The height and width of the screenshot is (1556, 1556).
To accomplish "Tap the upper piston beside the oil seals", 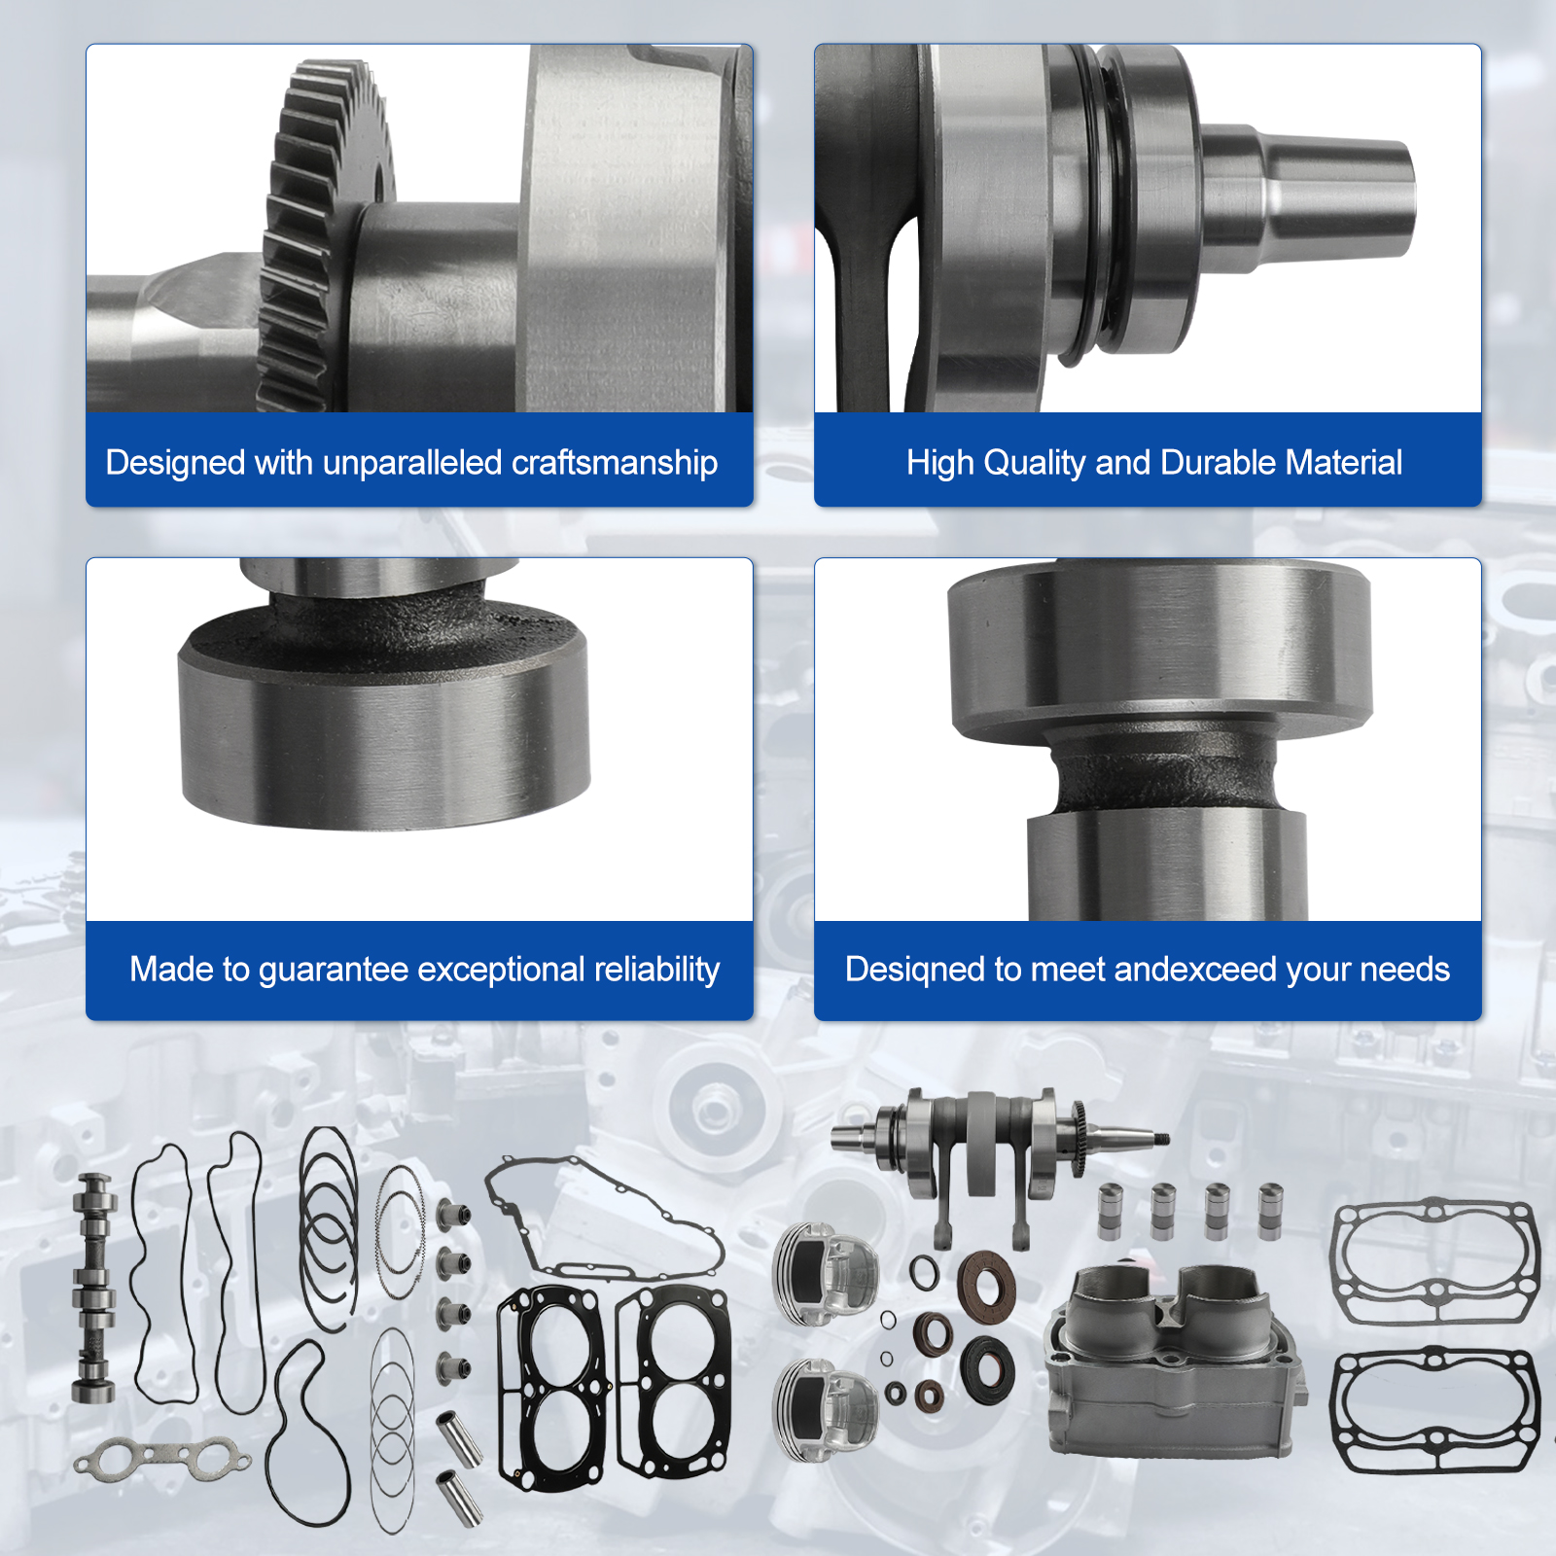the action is [826, 1274].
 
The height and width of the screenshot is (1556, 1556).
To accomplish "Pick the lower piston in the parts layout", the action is [826, 1409].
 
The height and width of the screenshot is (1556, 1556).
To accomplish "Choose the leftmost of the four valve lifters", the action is [1110, 1211].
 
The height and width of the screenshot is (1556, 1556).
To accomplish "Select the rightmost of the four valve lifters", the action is [1270, 1211].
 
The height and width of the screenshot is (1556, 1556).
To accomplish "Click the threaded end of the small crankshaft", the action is [1158, 1137].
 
